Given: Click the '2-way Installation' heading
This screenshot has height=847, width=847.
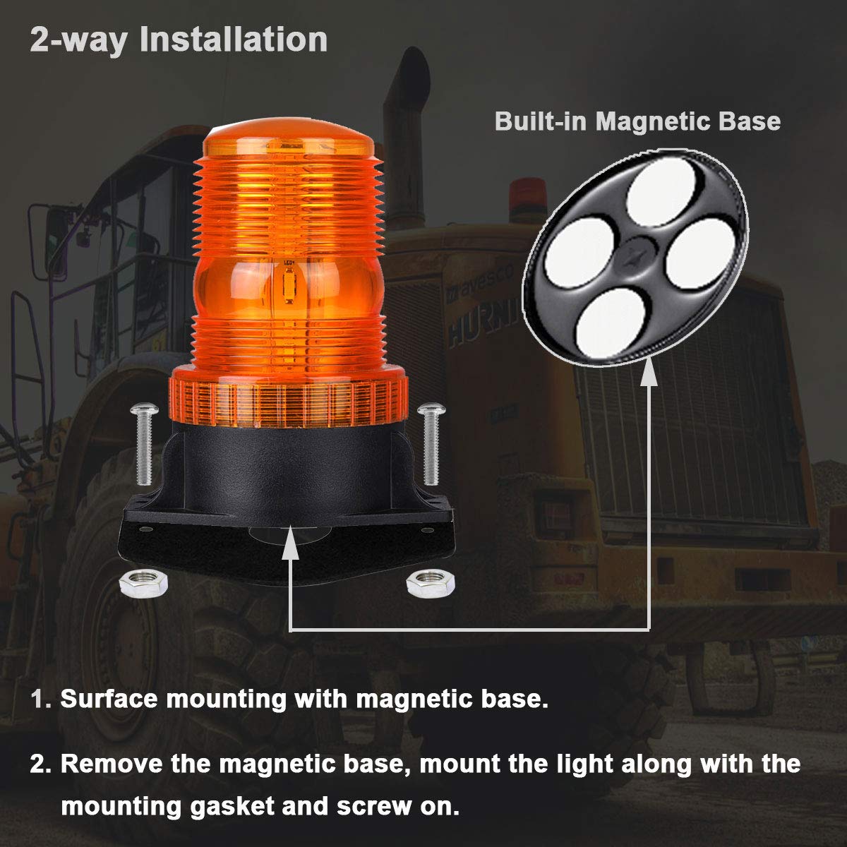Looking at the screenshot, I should click(179, 40).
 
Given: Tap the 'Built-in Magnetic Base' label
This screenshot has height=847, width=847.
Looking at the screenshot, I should click(637, 121).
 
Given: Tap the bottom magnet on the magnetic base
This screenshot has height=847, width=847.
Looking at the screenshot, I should click(606, 323).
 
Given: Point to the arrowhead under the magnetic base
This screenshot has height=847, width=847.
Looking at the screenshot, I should click(649, 375).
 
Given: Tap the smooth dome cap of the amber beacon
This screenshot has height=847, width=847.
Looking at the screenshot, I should click(289, 145).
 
